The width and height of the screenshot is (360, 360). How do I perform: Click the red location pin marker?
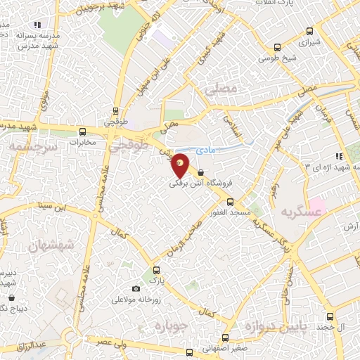pyautogui.click(x=181, y=165)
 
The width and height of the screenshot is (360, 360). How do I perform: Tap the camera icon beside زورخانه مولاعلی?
pyautogui.click(x=136, y=288)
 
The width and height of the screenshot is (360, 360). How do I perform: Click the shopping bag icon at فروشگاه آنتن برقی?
pyautogui.click(x=201, y=172)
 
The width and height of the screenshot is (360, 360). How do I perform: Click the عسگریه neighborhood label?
pyautogui.click(x=285, y=212)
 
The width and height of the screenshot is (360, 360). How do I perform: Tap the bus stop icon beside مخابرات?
pyautogui.click(x=84, y=131)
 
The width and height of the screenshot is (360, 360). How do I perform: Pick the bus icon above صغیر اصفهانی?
pyautogui.click(x=225, y=337)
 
